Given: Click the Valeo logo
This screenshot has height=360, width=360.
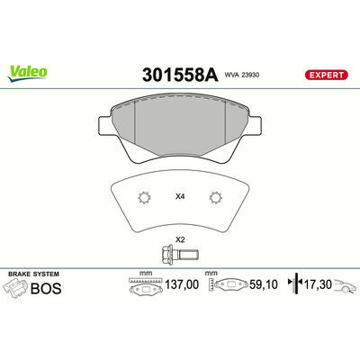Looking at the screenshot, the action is pyautogui.click(x=28, y=74).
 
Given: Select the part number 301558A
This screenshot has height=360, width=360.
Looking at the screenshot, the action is pyautogui.click(x=180, y=75).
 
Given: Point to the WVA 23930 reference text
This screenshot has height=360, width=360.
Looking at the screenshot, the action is pyautogui.click(x=242, y=75).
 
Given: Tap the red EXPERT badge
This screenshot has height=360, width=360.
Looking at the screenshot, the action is pyautogui.click(x=327, y=75).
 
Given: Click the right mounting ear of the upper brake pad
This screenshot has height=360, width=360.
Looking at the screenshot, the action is pyautogui.click(x=255, y=125).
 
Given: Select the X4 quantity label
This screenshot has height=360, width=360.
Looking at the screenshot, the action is pyautogui.click(x=180, y=197).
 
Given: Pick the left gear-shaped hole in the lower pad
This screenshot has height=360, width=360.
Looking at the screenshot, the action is pyautogui.click(x=144, y=198).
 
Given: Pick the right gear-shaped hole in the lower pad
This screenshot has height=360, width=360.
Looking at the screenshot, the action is pyautogui.click(x=215, y=198).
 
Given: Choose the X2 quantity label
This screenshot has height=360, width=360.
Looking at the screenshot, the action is pyautogui.click(x=180, y=239).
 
